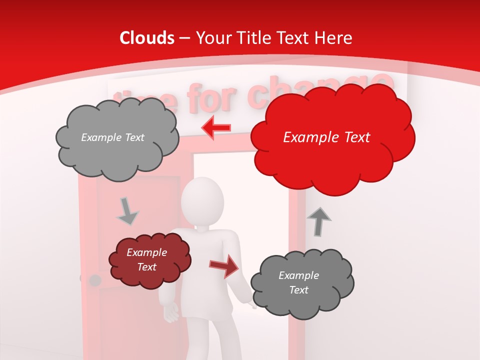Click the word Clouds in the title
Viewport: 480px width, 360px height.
(147, 38)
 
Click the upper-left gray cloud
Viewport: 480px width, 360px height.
(116, 138)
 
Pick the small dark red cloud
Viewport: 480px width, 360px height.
(149, 260)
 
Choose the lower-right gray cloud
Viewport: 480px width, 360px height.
(301, 283)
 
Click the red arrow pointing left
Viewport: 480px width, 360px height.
(216, 127)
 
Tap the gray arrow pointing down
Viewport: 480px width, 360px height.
(127, 211)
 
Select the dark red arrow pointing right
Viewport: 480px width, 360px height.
(223, 265)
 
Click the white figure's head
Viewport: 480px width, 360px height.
(202, 198)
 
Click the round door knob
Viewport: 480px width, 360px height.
(94, 280)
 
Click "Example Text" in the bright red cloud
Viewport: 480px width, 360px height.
(326, 137)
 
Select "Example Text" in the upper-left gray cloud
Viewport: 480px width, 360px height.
(112, 137)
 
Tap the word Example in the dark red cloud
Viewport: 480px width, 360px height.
(146, 252)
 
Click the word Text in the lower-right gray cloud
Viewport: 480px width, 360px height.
(298, 290)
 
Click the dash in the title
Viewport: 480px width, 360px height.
(184, 38)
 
